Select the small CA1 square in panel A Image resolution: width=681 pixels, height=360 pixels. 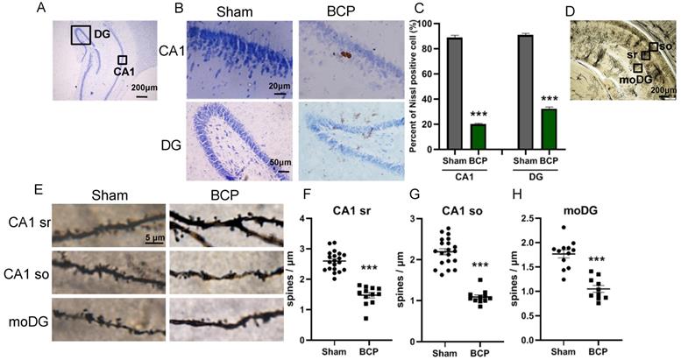pyautogui.click(x=123, y=60)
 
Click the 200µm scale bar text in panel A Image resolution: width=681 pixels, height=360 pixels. pyautogui.click(x=145, y=88)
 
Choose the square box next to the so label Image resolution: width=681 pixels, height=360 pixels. pyautogui.click(x=654, y=46)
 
